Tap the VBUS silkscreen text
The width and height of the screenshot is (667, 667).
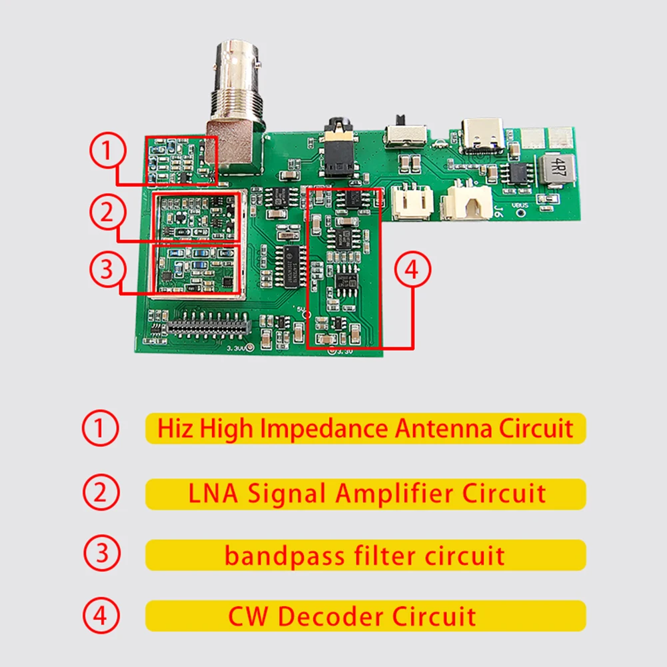click(x=519, y=206)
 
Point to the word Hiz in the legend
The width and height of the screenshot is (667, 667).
click(x=172, y=428)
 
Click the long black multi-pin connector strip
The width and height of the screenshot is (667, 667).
click(x=209, y=327)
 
